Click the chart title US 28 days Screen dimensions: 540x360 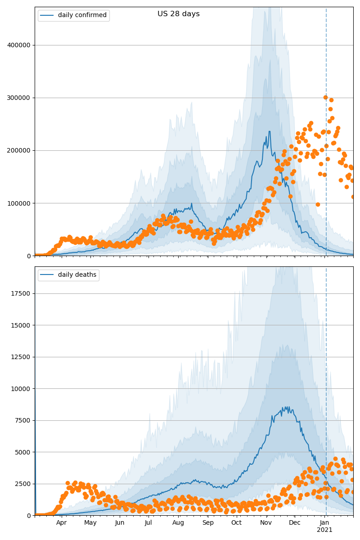pos(178,14)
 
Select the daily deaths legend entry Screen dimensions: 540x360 pos(77,275)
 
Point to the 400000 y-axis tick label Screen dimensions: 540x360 pos(19,45)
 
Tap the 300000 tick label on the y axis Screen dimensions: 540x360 pos(19,98)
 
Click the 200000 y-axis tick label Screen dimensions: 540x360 pos(19,150)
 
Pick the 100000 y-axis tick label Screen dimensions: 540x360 pos(19,203)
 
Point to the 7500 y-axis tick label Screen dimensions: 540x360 pos(23,420)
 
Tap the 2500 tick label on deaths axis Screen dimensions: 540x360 pos(23,484)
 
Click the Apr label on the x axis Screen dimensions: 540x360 pos(61,523)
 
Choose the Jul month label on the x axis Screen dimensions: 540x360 pos(148,523)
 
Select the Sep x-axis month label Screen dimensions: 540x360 pos(208,523)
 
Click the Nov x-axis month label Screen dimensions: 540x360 pos(266,523)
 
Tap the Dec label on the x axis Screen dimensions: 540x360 pos(294,523)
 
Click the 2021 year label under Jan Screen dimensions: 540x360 pos(324,530)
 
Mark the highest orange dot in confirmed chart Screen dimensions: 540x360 pos(325,97)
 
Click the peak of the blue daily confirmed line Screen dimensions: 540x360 pos(269,131)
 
